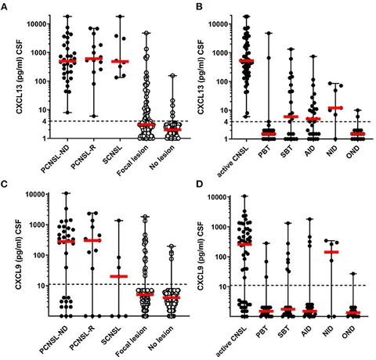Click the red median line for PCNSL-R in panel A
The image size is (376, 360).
pos(97,59)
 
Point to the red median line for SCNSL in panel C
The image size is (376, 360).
pos(120,276)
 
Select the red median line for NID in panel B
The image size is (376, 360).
pos(335,108)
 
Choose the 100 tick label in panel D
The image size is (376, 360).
pos(224,257)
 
